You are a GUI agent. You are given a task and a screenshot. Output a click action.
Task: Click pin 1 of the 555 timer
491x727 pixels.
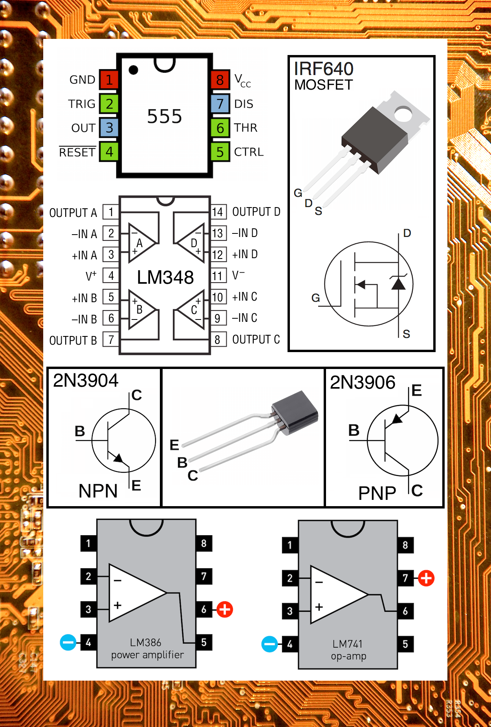[x=109, y=80]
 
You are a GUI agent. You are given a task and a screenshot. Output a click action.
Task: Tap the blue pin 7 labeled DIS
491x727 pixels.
[x=220, y=104]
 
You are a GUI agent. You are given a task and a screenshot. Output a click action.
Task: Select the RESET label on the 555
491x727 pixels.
[x=77, y=152]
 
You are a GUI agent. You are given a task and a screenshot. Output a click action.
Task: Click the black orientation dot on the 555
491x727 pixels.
[x=134, y=70]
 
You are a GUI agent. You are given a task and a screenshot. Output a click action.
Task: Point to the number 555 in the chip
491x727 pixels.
[x=164, y=116]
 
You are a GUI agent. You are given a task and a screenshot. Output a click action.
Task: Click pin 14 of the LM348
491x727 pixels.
[x=218, y=212]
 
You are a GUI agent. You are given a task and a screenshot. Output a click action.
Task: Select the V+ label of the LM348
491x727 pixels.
[x=91, y=276]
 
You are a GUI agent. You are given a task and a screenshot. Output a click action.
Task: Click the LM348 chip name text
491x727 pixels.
[x=165, y=277]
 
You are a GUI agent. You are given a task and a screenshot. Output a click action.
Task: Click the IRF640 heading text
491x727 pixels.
[x=324, y=69]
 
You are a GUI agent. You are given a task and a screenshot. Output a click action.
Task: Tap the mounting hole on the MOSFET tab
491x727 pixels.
[x=403, y=114]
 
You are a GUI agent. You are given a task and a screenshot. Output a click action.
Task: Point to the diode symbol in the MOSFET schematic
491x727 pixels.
[x=398, y=283]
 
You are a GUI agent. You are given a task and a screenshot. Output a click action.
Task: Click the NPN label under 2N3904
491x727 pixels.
[x=98, y=491]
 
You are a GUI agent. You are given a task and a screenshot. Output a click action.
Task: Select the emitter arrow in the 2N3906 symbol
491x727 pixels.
[x=397, y=419]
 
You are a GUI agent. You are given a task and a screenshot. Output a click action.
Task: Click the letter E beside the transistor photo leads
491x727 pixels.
[x=174, y=445]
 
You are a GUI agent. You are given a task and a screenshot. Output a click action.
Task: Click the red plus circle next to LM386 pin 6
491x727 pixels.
[x=225, y=610]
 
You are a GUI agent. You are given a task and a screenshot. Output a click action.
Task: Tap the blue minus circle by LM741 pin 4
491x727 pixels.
[x=269, y=644]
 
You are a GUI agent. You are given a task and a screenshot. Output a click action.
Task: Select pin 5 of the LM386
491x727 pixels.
[x=204, y=643]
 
